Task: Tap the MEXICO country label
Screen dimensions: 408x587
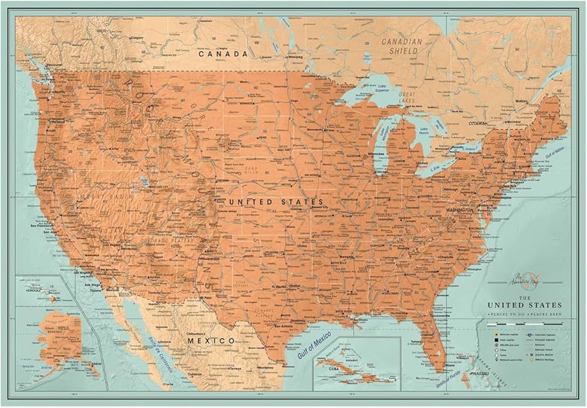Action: click(210, 341)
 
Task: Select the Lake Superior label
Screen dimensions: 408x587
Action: click(372, 87)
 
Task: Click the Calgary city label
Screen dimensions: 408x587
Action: click(137, 38)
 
